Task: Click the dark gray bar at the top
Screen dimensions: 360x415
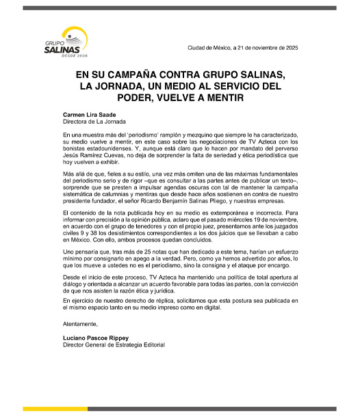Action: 180,8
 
